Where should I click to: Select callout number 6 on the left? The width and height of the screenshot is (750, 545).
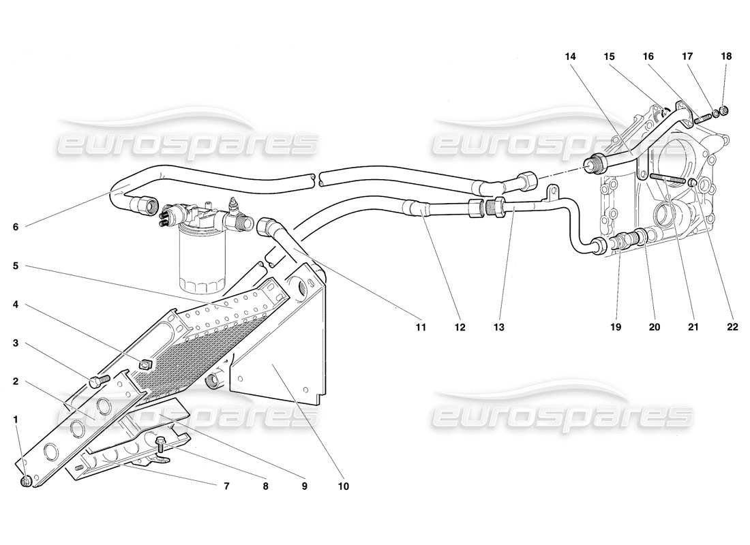tap(16, 227)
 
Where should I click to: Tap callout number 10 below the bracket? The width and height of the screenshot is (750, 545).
tap(343, 486)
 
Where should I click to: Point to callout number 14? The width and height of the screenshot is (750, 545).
tap(570, 57)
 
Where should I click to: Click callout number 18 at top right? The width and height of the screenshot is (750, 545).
tap(726, 57)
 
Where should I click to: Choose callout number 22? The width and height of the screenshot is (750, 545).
tap(732, 327)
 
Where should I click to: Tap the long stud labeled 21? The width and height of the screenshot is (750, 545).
tap(667, 181)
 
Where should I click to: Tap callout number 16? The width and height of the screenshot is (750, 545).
tap(648, 57)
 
